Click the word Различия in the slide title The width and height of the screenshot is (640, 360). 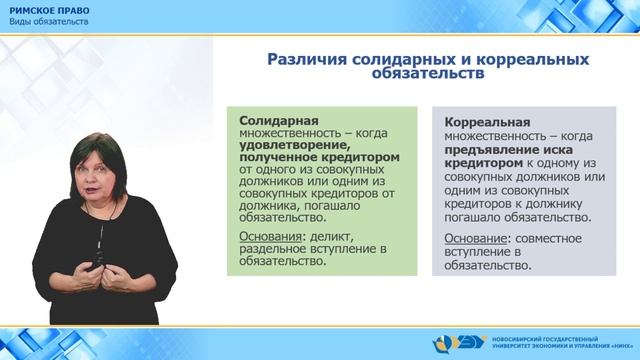click(x=302, y=59)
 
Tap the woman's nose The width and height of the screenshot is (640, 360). click(x=103, y=168)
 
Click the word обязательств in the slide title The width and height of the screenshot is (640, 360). click(x=429, y=73)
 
